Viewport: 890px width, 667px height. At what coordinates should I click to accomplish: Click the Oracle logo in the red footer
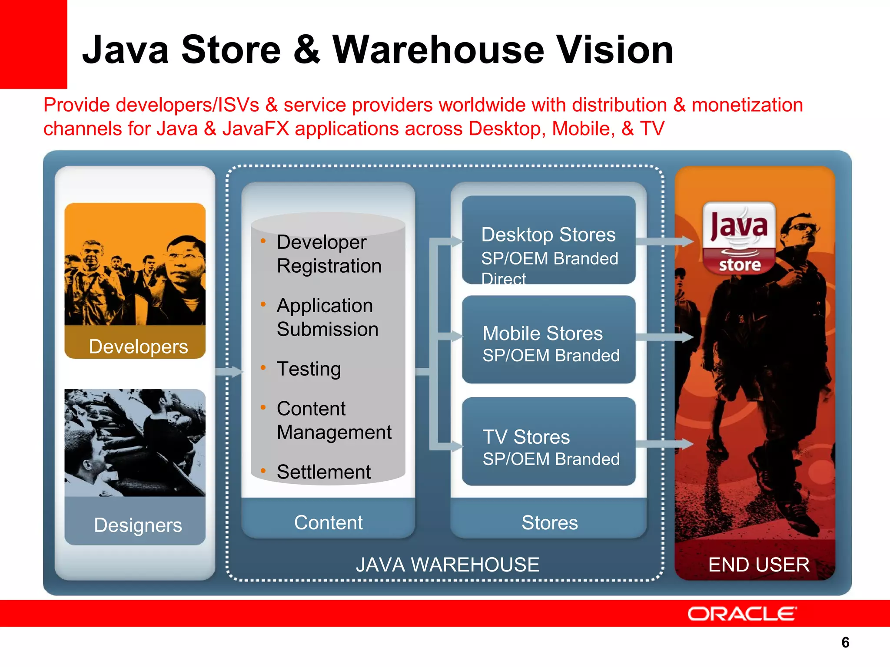point(742,614)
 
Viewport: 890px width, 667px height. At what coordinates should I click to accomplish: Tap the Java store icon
point(739,238)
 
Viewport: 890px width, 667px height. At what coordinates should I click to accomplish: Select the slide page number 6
point(845,642)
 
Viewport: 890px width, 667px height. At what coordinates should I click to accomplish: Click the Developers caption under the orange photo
point(138,347)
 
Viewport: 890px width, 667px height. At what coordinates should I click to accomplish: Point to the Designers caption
point(138,525)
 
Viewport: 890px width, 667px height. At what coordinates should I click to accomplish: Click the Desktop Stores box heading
point(548,235)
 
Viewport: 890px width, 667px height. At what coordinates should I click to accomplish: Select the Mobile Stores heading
point(543,333)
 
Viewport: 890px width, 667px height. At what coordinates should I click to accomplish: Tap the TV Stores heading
point(526,437)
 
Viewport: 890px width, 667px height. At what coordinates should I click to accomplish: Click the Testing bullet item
point(309,369)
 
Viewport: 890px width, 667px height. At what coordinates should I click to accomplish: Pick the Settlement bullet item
point(324,472)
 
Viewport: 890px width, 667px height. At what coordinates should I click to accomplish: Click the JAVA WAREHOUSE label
point(448,565)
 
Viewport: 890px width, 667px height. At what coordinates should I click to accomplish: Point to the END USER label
point(759,565)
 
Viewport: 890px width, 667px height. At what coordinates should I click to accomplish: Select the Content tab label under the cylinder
point(328,522)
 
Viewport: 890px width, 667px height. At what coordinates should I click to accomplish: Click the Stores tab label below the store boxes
point(550,523)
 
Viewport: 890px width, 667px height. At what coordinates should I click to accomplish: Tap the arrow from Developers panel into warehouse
point(229,371)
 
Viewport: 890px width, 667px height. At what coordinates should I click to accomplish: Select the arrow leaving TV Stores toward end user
point(665,444)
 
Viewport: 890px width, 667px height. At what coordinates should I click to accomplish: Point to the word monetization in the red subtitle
point(747,105)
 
